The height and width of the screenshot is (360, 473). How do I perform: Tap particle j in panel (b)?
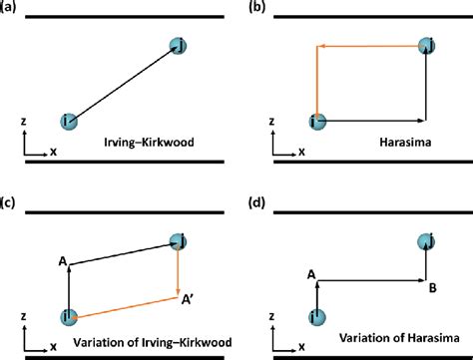[427, 45]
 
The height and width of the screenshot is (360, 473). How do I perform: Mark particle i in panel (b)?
[317, 121]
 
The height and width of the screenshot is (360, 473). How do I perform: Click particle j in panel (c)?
[179, 240]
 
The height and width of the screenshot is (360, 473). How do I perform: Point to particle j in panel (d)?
[427, 240]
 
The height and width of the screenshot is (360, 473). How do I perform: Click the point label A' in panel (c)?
[187, 296]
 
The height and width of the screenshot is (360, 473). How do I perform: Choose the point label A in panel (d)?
[312, 274]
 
